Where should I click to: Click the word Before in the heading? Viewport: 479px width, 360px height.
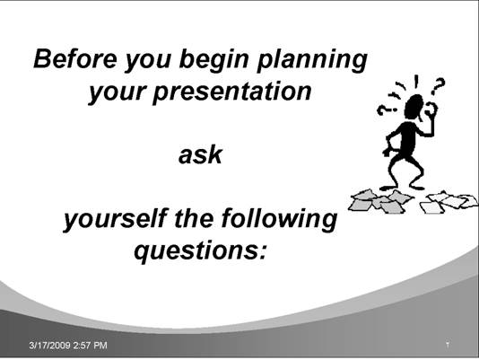pos(75,58)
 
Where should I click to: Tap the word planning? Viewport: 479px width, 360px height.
pos(312,60)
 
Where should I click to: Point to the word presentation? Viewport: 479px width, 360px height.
pos(231,92)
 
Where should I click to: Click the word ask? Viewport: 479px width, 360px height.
pos(200,154)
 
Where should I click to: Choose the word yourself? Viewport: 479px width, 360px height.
pos(116,219)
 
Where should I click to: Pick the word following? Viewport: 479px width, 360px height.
pos(280,219)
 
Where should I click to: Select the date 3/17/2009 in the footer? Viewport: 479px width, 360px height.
pos(50,346)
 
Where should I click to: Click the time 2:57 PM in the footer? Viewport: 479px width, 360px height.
pos(91,346)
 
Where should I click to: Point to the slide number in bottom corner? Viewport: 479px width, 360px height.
pos(448,345)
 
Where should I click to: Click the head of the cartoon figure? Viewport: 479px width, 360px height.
pos(414,107)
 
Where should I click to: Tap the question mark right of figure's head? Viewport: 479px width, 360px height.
pos(439,86)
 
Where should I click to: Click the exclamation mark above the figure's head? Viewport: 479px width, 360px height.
pos(416,82)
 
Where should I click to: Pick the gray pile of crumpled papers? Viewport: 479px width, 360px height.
pos(379,201)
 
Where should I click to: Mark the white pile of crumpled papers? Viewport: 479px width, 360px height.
pos(449,201)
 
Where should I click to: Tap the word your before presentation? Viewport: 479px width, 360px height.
pos(117,92)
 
